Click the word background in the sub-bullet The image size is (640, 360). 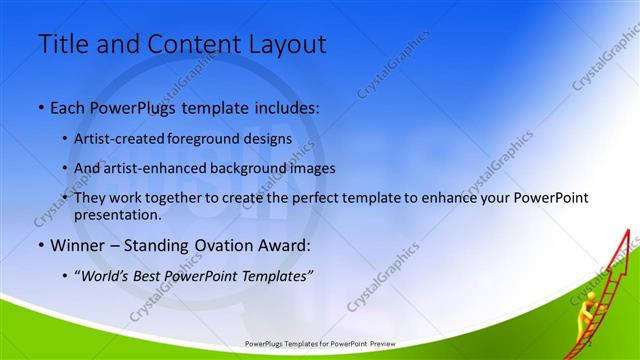point(262,168)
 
